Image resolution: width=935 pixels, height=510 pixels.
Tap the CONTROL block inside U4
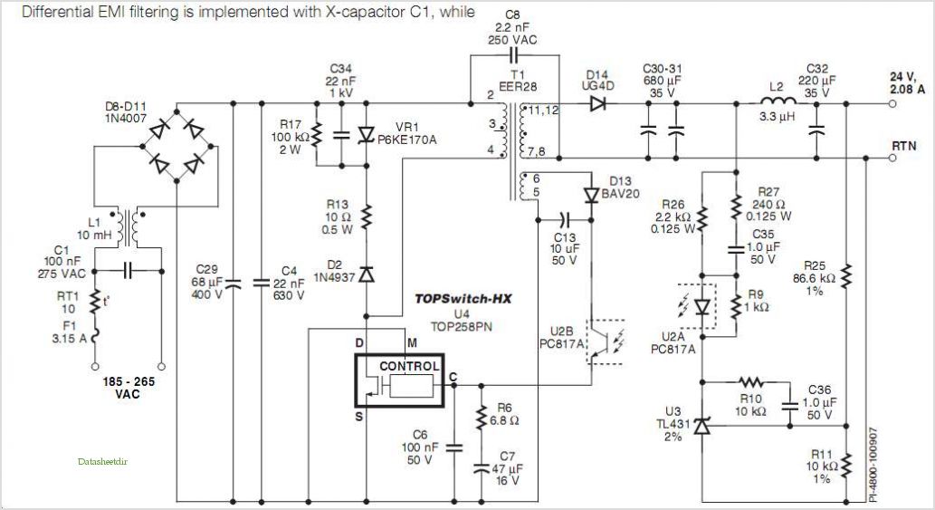click(x=409, y=366)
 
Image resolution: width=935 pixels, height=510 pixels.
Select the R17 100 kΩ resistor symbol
click(x=316, y=135)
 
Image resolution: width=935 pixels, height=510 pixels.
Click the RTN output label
click(x=906, y=144)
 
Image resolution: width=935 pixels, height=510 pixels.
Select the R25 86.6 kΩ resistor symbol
click(x=845, y=274)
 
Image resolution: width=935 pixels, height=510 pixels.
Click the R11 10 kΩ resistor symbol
click(x=845, y=465)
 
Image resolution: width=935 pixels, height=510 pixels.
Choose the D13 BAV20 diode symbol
click(x=591, y=195)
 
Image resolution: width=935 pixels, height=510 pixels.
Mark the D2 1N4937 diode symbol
click(x=367, y=274)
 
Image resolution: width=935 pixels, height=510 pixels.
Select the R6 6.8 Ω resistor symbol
click(x=479, y=419)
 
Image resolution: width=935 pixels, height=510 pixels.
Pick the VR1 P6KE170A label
click(x=408, y=134)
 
